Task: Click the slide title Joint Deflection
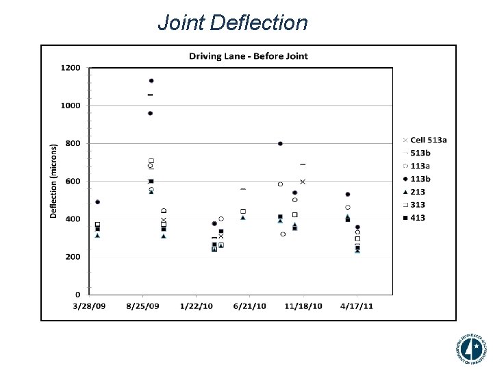[232, 23]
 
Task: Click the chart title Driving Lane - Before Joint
[249, 56]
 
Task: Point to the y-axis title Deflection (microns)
[53, 181]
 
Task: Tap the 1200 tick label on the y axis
[71, 68]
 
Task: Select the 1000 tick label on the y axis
[71, 106]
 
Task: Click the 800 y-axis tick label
[73, 144]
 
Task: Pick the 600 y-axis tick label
[73, 182]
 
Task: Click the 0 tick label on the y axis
[77, 295]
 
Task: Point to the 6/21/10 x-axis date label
[249, 306]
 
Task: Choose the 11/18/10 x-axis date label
[303, 306]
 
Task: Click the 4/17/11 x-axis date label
[358, 306]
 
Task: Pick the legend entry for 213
[418, 192]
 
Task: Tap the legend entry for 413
[418, 218]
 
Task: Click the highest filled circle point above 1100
[151, 81]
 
